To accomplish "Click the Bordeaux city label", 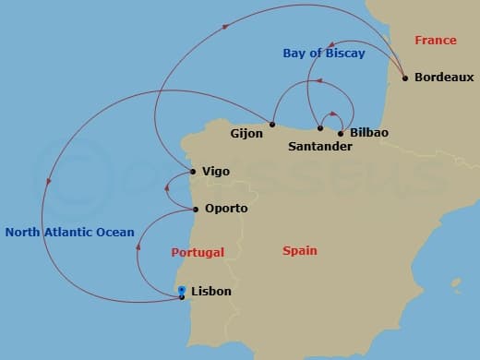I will [x=444, y=78].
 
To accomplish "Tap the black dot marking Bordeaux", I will [x=405, y=77].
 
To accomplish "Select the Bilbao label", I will [x=369, y=133].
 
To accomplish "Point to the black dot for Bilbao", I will [x=341, y=133].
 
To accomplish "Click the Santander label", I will [x=320, y=147].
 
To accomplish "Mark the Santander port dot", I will [x=319, y=128].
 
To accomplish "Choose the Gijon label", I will [x=246, y=133].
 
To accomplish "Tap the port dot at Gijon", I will [x=272, y=124].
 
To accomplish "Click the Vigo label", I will [x=215, y=172].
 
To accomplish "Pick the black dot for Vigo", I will [x=192, y=171].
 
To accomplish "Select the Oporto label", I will [x=226, y=209].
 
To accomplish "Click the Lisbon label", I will [x=210, y=292].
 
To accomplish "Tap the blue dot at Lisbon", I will [x=182, y=290].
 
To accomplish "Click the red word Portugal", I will [x=198, y=252].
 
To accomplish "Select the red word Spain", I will [x=299, y=250].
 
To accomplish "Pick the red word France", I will [x=436, y=41].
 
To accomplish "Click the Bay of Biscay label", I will [x=323, y=54].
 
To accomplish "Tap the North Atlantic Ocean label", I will [x=69, y=233].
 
